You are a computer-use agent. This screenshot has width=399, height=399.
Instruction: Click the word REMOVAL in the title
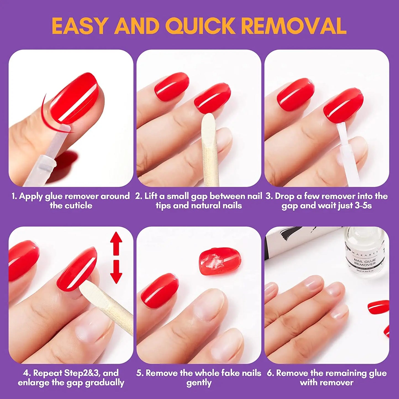294,26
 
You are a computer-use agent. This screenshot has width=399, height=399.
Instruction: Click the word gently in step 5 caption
199,383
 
